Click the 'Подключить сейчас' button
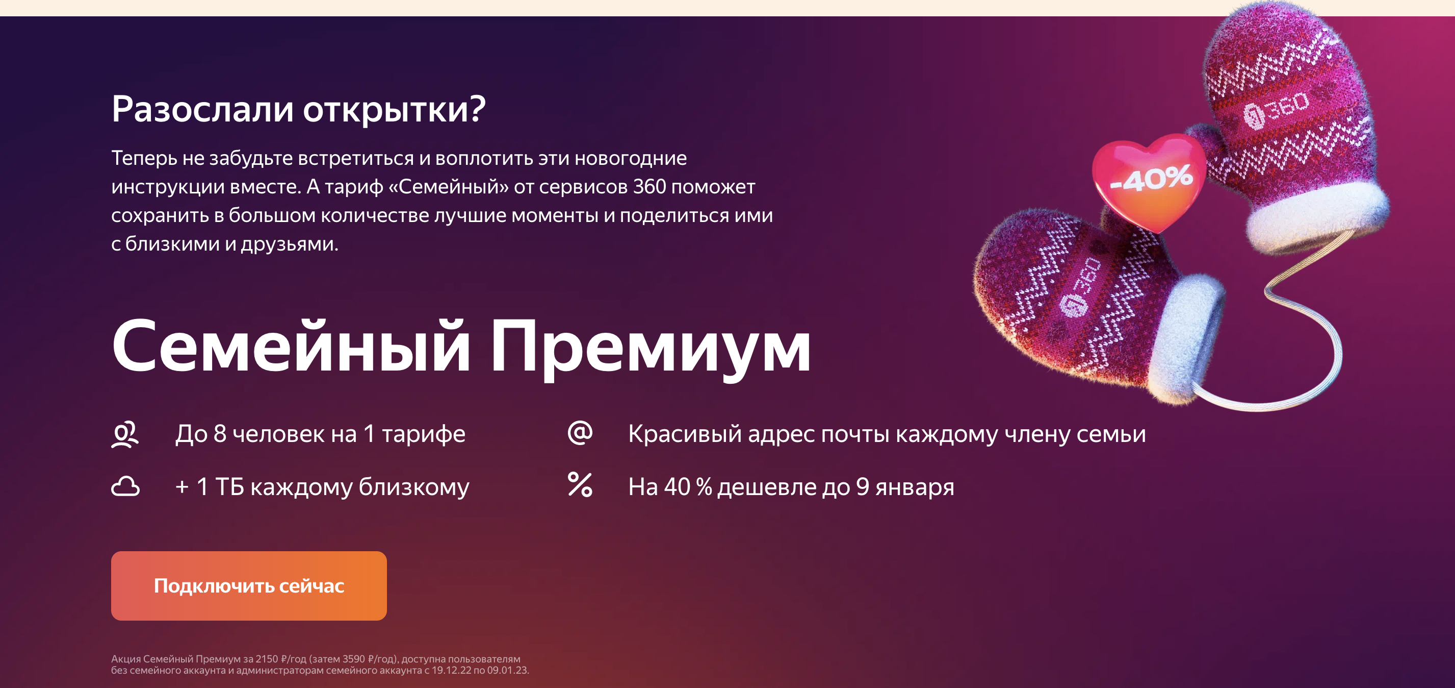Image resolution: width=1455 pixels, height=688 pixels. click(x=248, y=586)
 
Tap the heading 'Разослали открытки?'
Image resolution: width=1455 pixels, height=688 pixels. click(x=298, y=109)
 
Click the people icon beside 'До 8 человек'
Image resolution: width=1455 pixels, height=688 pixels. click(x=125, y=435)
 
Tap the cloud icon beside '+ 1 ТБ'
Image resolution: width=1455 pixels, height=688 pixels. click(x=125, y=487)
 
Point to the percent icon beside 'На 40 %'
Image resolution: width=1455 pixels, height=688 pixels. click(x=580, y=485)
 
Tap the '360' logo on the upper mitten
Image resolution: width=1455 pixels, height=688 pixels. click(x=1277, y=109)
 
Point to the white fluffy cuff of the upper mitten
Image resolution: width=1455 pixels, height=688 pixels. click(x=1316, y=217)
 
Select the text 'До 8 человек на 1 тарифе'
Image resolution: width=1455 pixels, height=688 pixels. click(x=320, y=434)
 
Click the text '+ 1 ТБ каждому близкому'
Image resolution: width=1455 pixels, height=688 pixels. click(x=322, y=487)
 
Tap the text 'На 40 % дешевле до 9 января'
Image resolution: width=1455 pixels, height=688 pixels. click(x=791, y=487)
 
